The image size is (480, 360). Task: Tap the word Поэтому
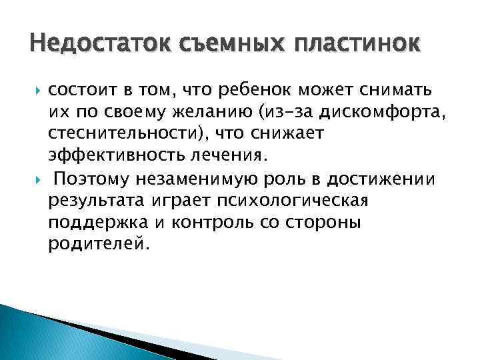[92, 179]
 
